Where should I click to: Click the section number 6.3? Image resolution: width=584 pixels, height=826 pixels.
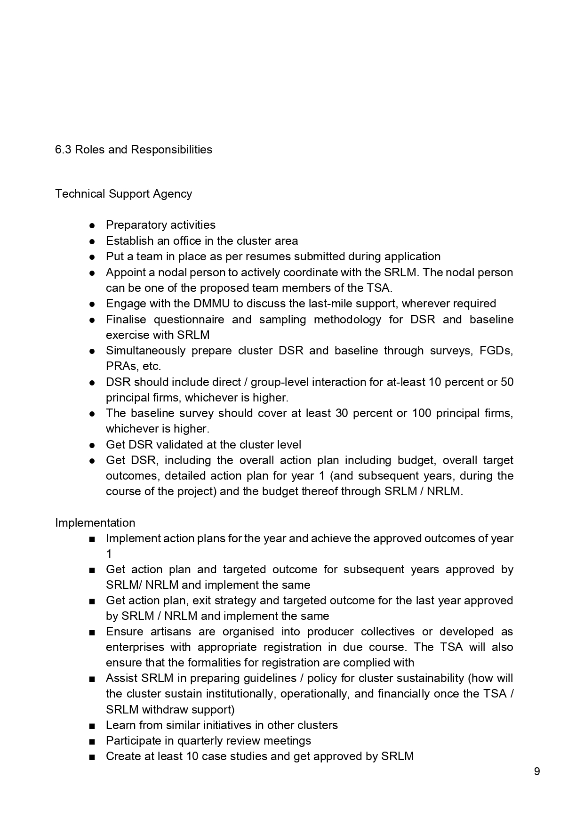pyautogui.click(x=63, y=150)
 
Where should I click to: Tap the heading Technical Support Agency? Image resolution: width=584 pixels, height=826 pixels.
pyautogui.click(x=123, y=194)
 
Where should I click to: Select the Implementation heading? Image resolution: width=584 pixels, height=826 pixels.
pyautogui.click(x=95, y=523)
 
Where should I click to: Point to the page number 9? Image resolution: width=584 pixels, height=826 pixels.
pyautogui.click(x=537, y=772)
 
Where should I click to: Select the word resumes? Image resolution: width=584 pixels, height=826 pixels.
pyautogui.click(x=265, y=257)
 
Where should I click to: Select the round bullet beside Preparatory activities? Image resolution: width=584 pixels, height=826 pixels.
pyautogui.click(x=93, y=225)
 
